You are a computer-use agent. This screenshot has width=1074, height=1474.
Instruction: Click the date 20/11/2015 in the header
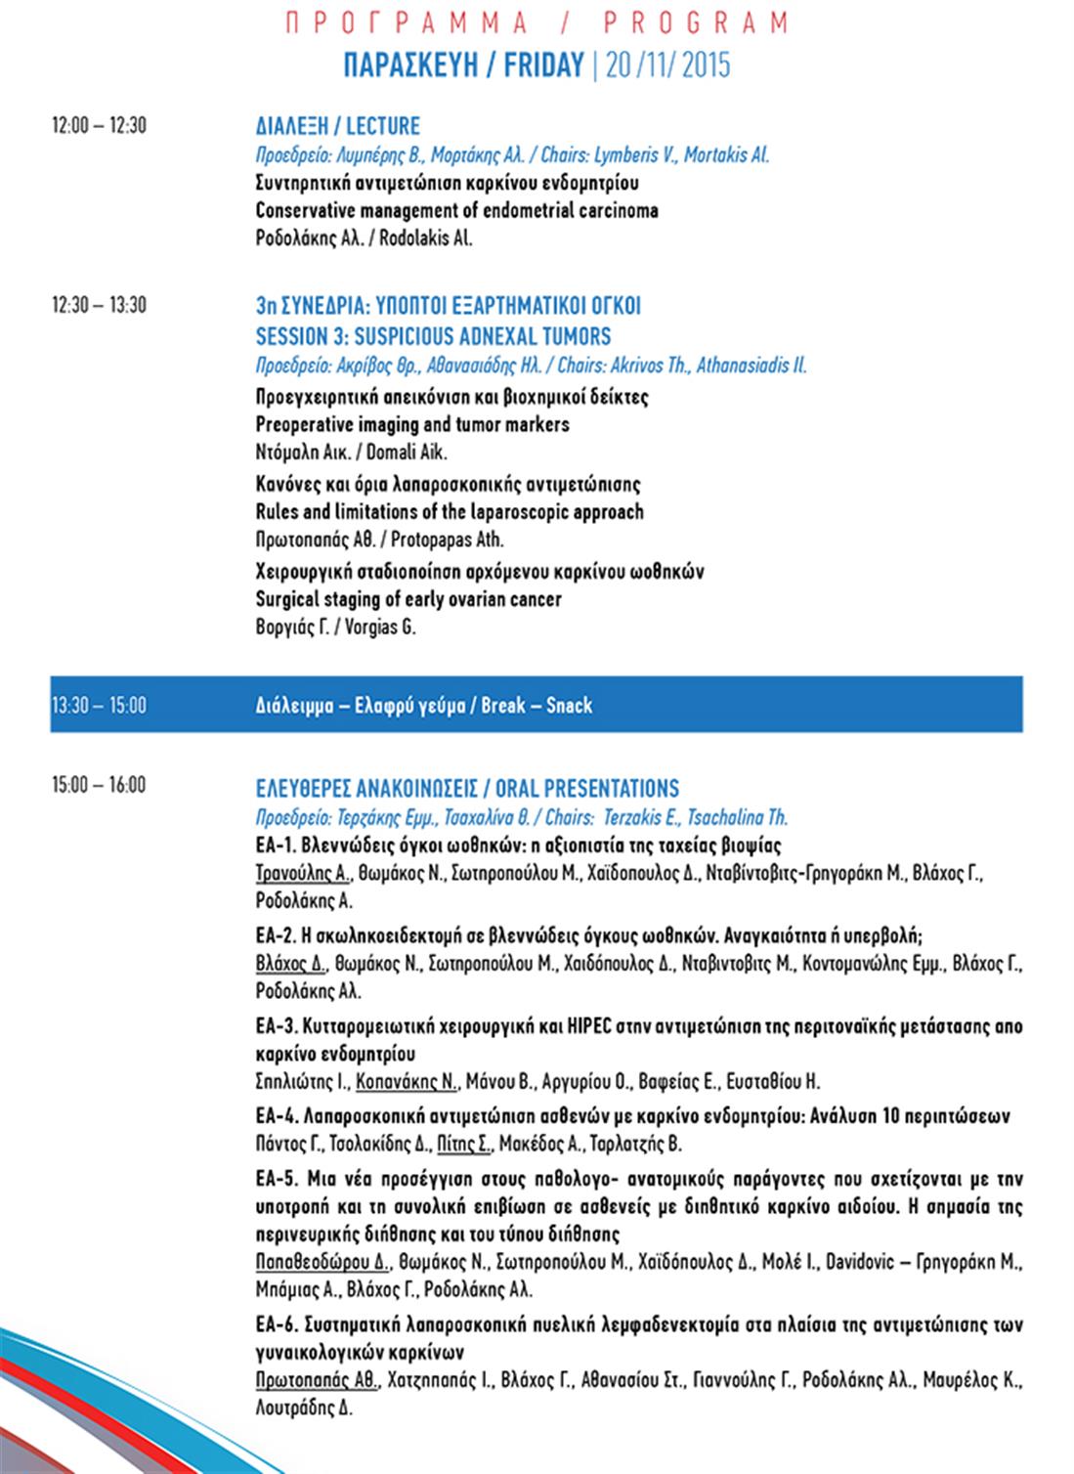[667, 65]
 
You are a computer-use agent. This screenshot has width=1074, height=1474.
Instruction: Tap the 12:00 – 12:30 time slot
[99, 125]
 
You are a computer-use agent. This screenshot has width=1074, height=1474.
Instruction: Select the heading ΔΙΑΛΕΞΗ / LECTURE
[337, 126]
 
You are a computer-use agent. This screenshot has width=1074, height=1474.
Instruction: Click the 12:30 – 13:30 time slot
[99, 305]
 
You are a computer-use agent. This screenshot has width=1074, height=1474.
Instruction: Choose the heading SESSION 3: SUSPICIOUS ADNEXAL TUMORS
[433, 336]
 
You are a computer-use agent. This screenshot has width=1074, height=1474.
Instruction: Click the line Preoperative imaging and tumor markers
[412, 424]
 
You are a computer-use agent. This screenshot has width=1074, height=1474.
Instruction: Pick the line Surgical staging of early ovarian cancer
[408, 599]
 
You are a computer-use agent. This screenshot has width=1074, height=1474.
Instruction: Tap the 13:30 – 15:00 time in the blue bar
[99, 705]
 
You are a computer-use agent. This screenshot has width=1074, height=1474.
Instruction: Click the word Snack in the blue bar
[569, 705]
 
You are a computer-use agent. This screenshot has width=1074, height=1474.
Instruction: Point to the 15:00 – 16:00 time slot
[99, 784]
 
